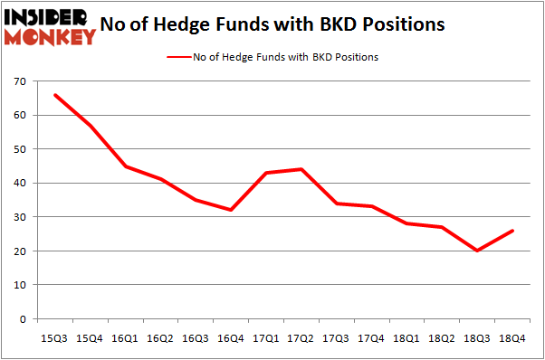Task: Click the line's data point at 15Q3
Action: pos(55,95)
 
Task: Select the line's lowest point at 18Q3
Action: pos(478,251)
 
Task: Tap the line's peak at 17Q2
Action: pos(300,169)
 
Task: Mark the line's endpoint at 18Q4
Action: pos(513,231)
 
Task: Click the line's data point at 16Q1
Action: pos(126,166)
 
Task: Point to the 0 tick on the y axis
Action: pos(24,318)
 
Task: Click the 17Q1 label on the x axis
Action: pos(265,338)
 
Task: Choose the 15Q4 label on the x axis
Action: pos(90,338)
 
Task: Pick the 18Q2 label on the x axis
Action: pos(442,338)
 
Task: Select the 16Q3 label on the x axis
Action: pos(195,338)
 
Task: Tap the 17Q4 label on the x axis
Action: pos(371,338)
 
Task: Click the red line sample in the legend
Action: pos(177,57)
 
